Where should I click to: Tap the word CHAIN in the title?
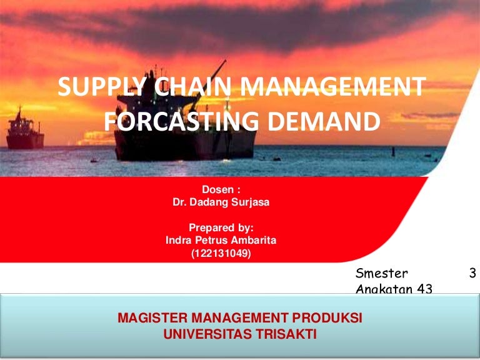point(192,86)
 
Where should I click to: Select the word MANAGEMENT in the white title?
point(332,86)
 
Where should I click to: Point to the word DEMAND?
point(324,121)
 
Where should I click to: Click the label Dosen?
point(218,189)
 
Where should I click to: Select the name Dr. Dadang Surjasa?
point(221,202)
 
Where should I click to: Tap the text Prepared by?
point(221,228)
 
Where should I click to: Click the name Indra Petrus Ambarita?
point(221,240)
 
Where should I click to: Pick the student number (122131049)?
point(221,254)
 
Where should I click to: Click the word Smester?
point(381,273)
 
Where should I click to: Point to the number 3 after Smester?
point(472,272)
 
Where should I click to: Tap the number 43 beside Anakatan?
point(424,289)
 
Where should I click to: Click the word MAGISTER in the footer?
point(152,317)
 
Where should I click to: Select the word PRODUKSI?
point(327,317)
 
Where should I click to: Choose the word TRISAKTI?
point(286,334)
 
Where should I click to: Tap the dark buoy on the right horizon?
point(393,152)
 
